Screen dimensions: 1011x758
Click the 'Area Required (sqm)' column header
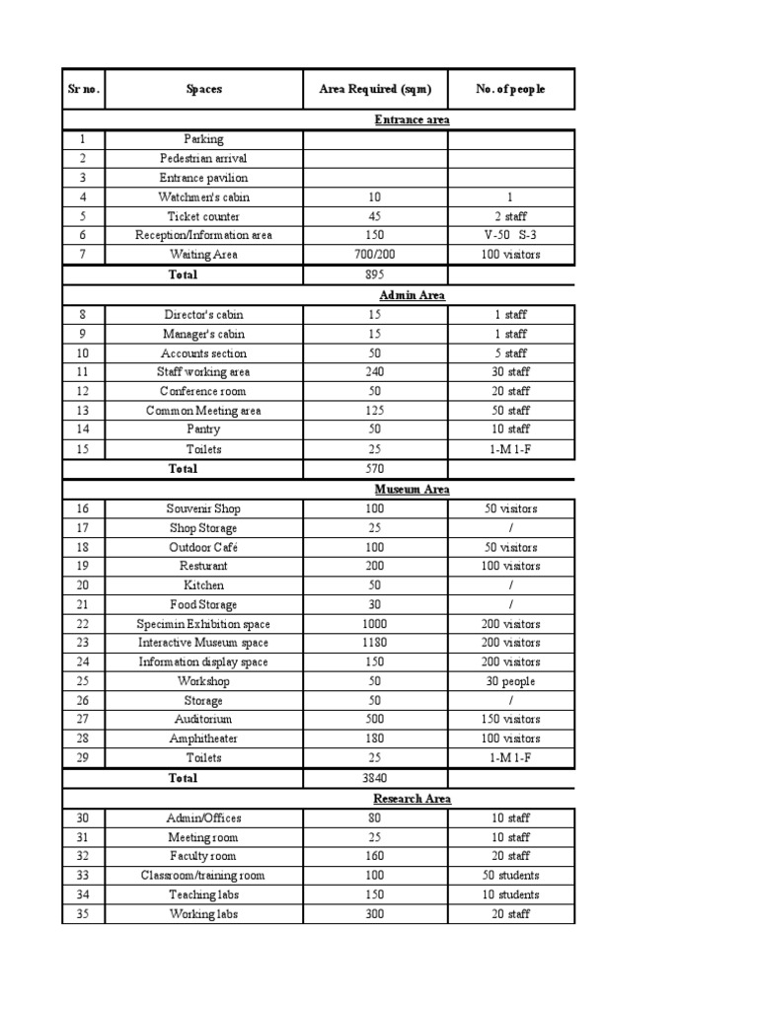coord(375,89)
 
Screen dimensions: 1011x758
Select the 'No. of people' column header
coord(510,89)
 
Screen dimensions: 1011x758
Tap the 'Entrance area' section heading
coord(412,120)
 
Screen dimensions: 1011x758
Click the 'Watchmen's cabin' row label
coord(203,197)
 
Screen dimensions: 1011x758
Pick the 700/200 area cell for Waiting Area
coord(375,255)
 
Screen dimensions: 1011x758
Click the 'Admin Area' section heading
coord(412,295)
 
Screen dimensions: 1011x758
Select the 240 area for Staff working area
coord(375,372)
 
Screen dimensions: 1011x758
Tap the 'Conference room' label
coord(203,391)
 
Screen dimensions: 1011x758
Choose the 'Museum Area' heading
coord(412,489)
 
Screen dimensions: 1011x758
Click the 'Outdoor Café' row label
coord(203,547)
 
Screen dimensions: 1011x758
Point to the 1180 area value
coord(375,643)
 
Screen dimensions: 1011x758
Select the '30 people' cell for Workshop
coord(510,681)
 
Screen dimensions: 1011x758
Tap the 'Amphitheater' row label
coord(203,739)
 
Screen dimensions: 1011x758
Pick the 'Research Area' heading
coord(412,799)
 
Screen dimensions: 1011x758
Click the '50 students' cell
coord(510,876)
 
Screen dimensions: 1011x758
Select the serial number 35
coord(83,914)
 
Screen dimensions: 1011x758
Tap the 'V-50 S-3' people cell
coord(510,236)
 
